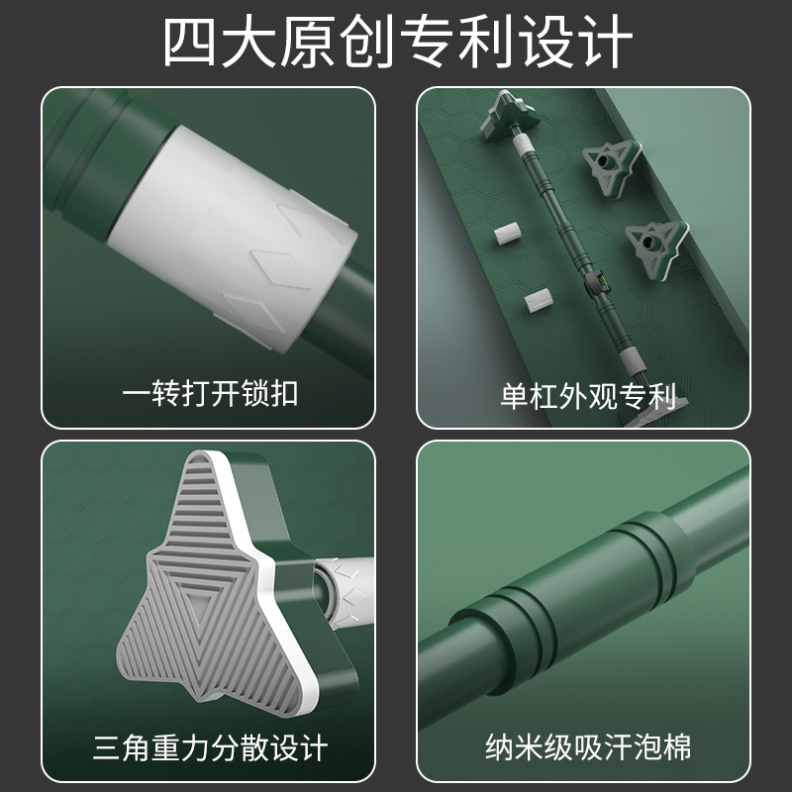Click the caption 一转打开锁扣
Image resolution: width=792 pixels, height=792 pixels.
[x=210, y=394]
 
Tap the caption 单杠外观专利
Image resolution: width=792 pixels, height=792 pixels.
[x=588, y=396]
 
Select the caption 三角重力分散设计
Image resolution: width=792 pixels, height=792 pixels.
[x=210, y=745]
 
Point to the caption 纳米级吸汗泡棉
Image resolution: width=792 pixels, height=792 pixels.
[x=588, y=745]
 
